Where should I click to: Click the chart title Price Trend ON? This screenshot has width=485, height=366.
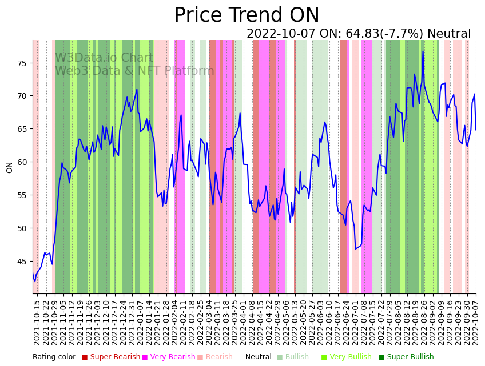(247, 15)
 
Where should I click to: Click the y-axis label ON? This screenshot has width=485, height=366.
(10, 167)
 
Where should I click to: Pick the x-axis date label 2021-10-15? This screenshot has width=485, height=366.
(37, 323)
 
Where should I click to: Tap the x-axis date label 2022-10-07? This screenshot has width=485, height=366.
(475, 323)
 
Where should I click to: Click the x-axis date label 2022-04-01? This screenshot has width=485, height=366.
(243, 323)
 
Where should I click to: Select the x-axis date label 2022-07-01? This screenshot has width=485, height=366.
(355, 323)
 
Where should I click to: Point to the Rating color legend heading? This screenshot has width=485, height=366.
(54, 357)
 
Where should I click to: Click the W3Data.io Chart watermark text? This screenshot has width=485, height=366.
(104, 58)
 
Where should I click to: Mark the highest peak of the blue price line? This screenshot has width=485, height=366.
(423, 51)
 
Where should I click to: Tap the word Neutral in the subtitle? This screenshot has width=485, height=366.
(449, 34)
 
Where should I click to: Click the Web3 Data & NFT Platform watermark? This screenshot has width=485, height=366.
(134, 71)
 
